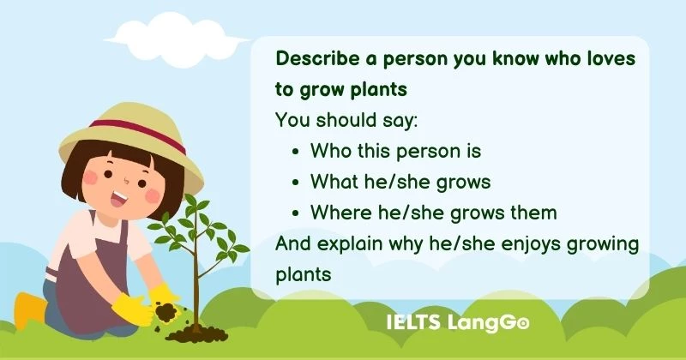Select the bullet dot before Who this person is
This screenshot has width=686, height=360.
pos(296,152)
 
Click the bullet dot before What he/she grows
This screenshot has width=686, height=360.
pos(296,183)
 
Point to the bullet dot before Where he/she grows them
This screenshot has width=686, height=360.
pos(296,213)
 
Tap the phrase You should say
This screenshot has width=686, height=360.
pos(346,121)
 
